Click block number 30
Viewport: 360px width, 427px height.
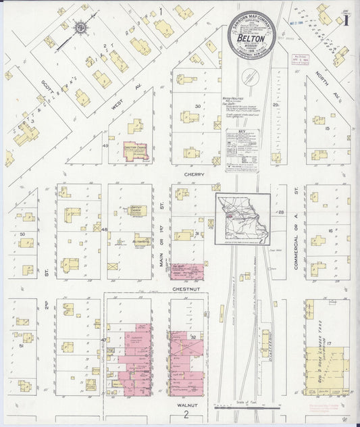point(199,106)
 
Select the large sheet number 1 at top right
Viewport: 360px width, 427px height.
point(346,20)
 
